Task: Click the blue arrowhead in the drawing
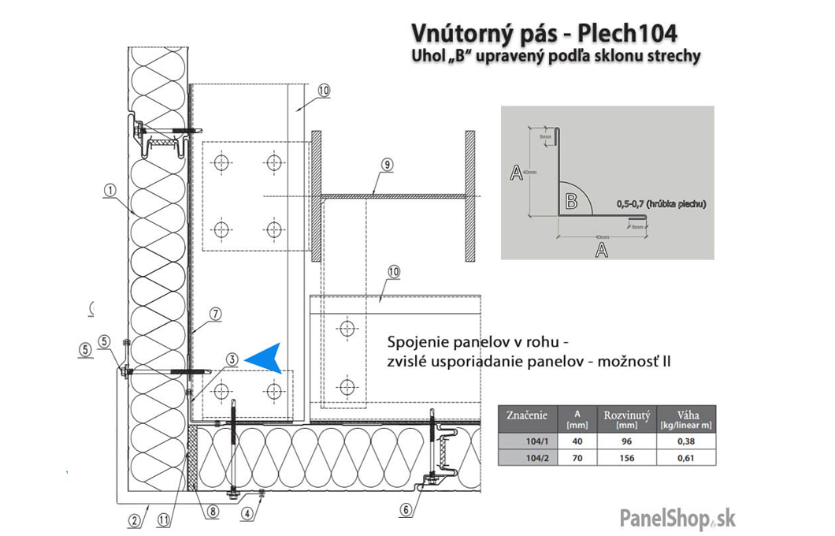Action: [265, 359]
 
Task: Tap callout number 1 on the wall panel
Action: [109, 189]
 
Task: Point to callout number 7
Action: [216, 314]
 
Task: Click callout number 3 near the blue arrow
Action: [232, 359]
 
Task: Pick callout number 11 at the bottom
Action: [163, 519]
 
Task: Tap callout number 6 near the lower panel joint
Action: [406, 510]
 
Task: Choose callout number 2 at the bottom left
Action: [134, 519]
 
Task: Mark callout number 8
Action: [213, 510]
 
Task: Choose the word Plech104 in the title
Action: [627, 34]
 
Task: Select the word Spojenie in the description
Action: [417, 343]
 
